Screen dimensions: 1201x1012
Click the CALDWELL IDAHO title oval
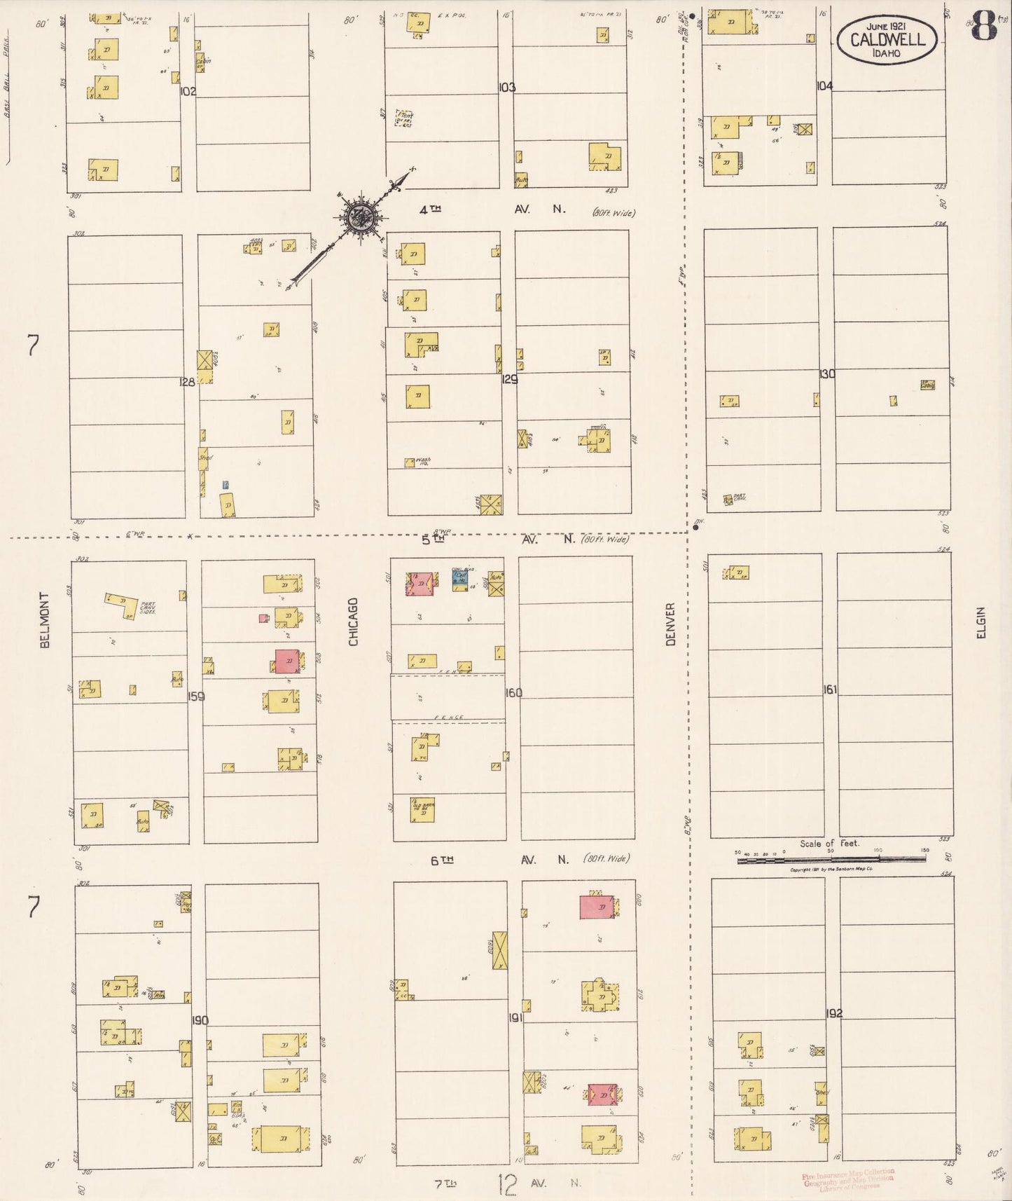pos(887,39)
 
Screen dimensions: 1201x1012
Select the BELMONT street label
pos(45,619)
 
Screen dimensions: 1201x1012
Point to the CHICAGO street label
pos(353,622)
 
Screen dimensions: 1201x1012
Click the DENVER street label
pos(670,624)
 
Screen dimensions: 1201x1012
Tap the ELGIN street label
pos(980,622)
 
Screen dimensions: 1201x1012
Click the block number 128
pos(187,382)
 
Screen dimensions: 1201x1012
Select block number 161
pos(829,689)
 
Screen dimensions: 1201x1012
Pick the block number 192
pos(833,1013)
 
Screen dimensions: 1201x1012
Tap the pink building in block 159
pos(287,661)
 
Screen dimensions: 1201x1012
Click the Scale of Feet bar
pos(831,858)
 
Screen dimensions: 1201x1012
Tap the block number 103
pos(507,88)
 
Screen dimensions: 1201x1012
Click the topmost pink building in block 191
pos(597,907)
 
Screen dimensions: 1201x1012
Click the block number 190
pos(200,1020)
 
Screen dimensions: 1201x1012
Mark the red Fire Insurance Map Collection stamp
pos(848,1181)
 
